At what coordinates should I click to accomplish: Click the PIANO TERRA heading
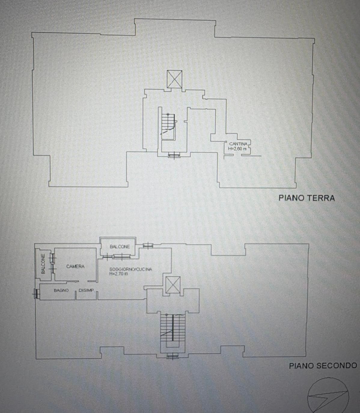(306, 198)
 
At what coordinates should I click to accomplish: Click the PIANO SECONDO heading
(323, 365)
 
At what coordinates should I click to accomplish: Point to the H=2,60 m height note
(237, 148)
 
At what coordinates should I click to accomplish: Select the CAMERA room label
(75, 266)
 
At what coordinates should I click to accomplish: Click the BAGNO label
(61, 290)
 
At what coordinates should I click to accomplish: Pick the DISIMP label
(86, 290)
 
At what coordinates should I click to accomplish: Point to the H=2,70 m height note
(119, 274)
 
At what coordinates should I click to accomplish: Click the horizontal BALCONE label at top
(120, 247)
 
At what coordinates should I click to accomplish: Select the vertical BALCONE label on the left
(43, 264)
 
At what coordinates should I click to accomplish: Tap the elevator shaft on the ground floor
(174, 79)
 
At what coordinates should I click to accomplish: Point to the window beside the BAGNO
(36, 293)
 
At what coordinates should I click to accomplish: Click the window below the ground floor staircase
(174, 155)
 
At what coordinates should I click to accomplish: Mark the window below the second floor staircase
(172, 357)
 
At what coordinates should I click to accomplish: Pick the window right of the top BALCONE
(148, 246)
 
